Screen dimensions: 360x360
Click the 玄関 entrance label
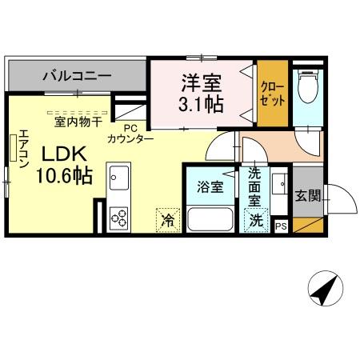pyautogui.click(x=307, y=195)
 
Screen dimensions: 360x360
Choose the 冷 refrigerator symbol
pyautogui.click(x=167, y=218)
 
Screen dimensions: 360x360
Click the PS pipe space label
pyautogui.click(x=280, y=226)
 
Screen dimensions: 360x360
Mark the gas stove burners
pyautogui.click(x=119, y=217)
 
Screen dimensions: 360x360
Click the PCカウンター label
pyautogui.click(x=130, y=133)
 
